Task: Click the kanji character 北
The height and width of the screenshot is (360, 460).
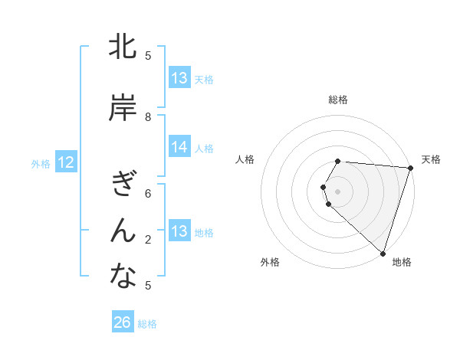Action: (123, 48)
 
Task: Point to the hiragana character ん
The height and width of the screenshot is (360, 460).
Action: (123, 230)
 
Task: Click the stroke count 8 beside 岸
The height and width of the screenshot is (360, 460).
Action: (149, 117)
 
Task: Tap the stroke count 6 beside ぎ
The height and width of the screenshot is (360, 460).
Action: (149, 194)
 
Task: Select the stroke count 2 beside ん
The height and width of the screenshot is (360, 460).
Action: (149, 240)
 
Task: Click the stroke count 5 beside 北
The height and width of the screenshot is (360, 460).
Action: (149, 55)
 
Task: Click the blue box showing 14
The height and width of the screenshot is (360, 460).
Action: (179, 147)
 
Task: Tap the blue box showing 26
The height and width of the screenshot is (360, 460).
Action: (123, 322)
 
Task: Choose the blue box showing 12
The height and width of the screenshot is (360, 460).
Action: (66, 162)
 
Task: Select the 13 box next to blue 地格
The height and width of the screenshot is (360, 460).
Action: (179, 231)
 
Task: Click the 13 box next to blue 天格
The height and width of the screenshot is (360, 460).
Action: (179, 78)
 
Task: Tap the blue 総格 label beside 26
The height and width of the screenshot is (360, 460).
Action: (147, 324)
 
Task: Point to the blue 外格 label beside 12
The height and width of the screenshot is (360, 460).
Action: (41, 163)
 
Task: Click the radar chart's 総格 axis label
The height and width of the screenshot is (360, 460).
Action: (338, 100)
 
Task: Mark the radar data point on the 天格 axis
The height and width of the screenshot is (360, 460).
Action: (410, 168)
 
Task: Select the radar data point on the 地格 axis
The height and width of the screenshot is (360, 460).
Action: (383, 253)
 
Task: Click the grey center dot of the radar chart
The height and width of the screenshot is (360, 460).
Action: (338, 191)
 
